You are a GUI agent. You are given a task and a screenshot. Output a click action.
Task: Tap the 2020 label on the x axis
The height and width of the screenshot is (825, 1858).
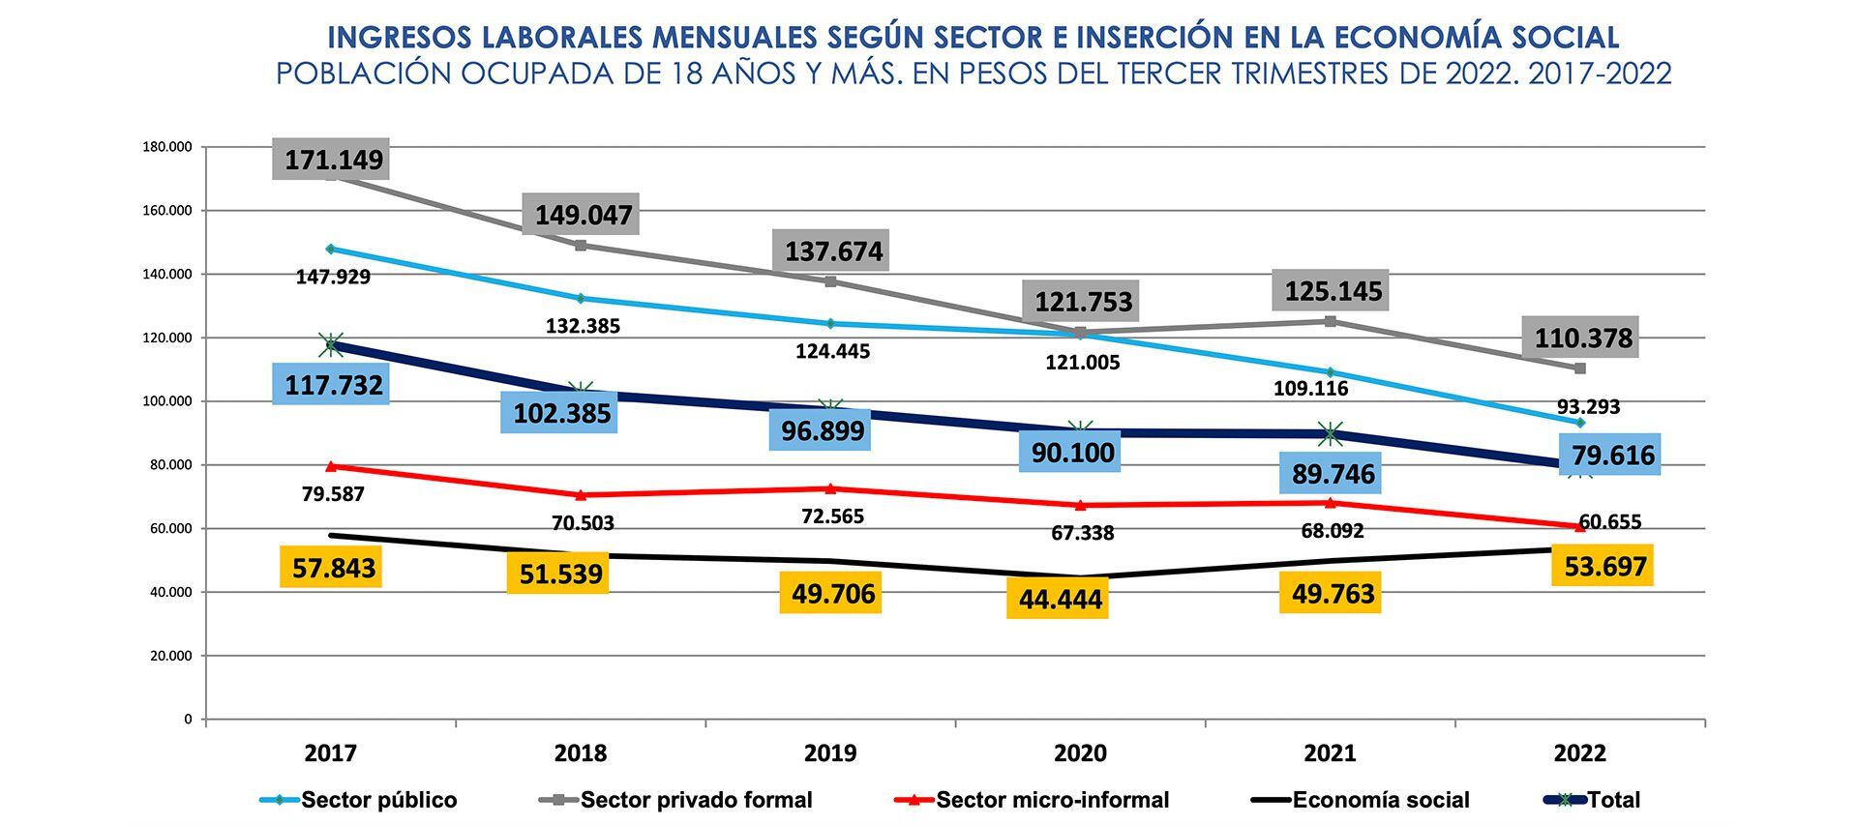point(1080,752)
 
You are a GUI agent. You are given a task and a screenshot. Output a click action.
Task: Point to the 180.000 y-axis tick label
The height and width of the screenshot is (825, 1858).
point(167,147)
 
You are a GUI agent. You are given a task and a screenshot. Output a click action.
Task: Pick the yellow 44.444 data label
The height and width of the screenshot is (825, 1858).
point(1060,600)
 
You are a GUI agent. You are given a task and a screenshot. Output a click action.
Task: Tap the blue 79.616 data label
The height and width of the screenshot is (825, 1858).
point(1612,455)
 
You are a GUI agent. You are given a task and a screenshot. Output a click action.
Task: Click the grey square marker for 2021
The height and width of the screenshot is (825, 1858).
point(1331,321)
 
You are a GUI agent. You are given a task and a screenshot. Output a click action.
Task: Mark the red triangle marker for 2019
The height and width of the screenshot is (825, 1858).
point(830,488)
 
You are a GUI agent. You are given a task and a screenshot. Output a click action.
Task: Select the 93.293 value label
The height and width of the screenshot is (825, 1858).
point(1588,406)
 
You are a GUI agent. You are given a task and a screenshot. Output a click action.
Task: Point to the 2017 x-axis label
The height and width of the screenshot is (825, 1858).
point(331,752)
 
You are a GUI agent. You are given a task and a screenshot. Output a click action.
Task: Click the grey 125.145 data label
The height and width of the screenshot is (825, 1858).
point(1333,290)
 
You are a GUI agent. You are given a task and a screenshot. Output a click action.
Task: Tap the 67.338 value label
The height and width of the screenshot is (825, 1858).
point(1082,533)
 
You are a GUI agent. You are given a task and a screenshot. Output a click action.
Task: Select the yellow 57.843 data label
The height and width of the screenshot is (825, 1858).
point(333,568)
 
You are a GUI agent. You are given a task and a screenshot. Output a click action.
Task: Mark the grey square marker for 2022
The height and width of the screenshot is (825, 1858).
point(1579,368)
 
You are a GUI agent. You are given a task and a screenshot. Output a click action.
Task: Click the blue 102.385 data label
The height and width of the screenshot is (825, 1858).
point(561,413)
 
